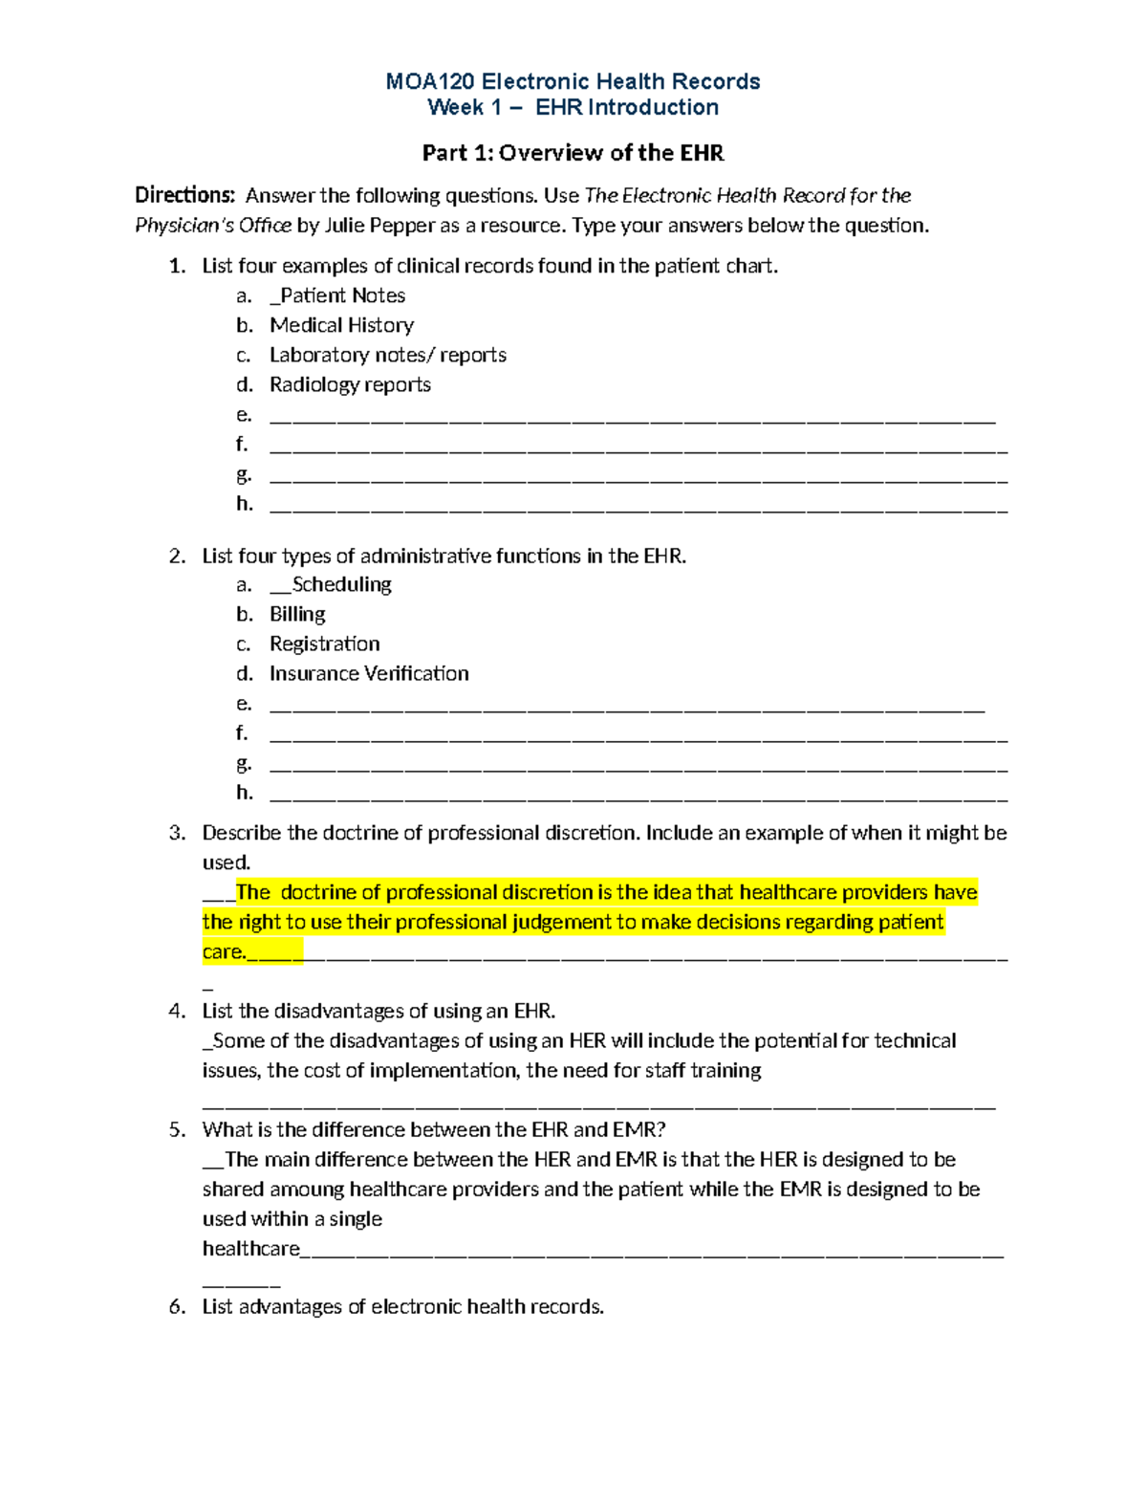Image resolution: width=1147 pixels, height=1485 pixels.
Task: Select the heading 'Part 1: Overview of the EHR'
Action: [573, 153]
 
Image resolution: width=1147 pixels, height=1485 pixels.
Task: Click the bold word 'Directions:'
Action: [184, 196]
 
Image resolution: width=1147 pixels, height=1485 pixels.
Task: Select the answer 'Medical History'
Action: [341, 325]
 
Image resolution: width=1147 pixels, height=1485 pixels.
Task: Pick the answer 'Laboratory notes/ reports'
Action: [387, 355]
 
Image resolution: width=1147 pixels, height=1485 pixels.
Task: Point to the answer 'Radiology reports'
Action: [350, 384]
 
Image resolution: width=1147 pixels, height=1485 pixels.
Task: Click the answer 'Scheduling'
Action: [341, 584]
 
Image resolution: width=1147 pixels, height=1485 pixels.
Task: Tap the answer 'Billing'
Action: [297, 614]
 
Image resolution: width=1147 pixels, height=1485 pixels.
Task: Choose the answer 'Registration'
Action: [324, 644]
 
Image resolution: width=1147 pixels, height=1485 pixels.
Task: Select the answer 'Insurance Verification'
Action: [369, 673]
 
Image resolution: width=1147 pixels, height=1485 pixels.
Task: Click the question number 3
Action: [176, 833]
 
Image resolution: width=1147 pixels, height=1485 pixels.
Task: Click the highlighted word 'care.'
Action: [224, 951]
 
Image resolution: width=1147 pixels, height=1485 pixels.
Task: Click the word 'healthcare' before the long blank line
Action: [250, 1249]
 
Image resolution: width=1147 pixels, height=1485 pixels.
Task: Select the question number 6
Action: [176, 1307]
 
